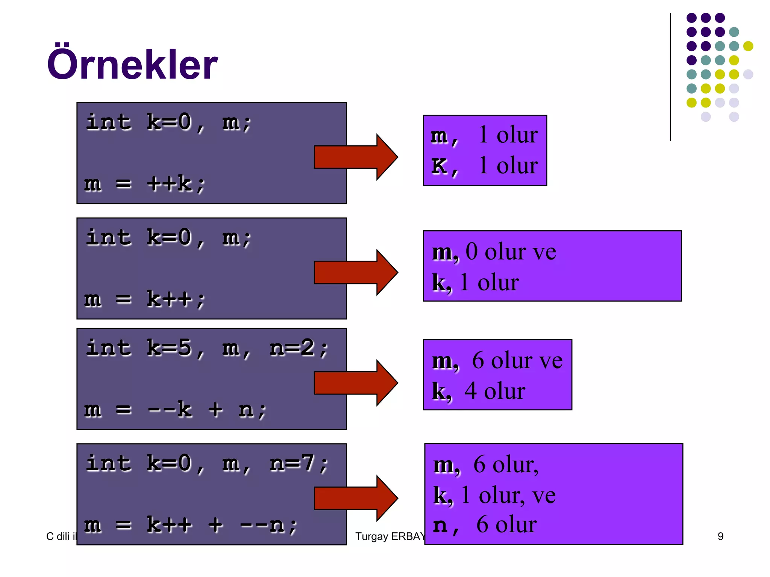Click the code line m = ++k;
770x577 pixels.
[x=145, y=184]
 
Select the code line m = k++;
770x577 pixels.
[x=145, y=299]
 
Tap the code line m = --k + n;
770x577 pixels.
[x=175, y=409]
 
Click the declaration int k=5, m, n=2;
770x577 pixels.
[x=207, y=348]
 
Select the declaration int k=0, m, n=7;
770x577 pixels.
[x=207, y=464]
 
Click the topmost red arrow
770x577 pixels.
[x=355, y=157]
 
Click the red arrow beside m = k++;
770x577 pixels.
[x=355, y=272]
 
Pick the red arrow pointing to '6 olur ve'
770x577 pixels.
[x=355, y=383]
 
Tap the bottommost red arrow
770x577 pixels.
[x=355, y=498]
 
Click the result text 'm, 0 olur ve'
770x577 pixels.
[x=494, y=252]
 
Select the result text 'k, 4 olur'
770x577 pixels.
[x=478, y=391]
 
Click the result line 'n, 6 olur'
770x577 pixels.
[x=485, y=525]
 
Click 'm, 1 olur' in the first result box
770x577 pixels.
[x=484, y=135]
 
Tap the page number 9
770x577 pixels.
[x=720, y=536]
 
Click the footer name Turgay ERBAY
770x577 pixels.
[x=390, y=536]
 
